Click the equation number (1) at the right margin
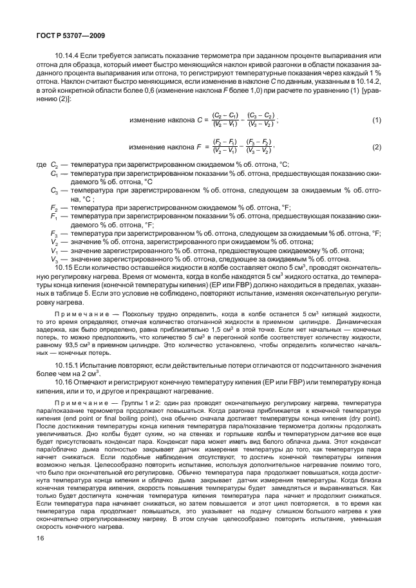pos(376,120)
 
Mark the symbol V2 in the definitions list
pos(54,242)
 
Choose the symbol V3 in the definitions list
pos(54,258)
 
